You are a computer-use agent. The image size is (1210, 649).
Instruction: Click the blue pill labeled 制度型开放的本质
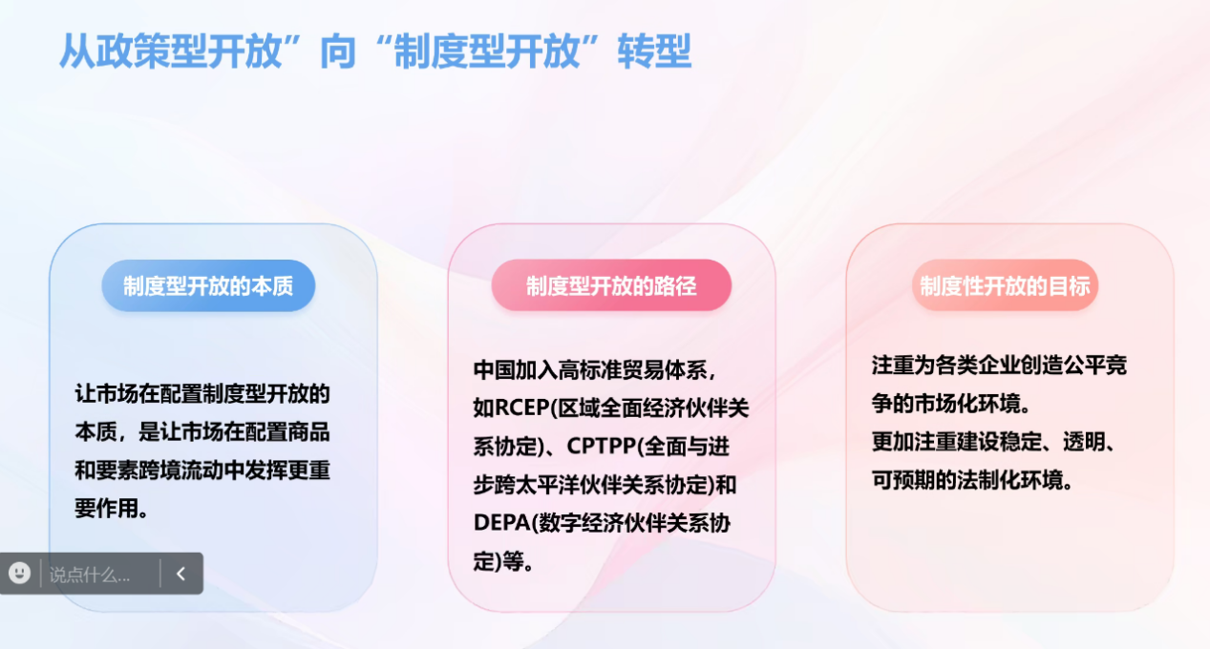tap(208, 285)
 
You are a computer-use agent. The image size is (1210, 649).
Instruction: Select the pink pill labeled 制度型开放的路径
tap(611, 285)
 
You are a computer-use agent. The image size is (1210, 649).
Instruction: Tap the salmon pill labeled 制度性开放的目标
tap(1005, 285)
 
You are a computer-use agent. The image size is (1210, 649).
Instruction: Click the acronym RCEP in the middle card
tap(522, 408)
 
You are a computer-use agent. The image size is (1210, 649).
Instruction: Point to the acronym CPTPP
tap(603, 446)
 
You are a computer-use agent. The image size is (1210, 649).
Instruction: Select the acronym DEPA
tap(501, 523)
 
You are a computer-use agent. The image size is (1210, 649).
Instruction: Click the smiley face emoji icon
tap(20, 573)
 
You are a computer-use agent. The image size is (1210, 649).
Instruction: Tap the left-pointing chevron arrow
tap(180, 574)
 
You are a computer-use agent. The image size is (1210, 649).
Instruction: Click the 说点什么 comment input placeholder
tap(90, 575)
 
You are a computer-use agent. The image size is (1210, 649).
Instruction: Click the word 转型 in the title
tap(655, 52)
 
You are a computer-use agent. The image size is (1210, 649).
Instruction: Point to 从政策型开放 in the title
tap(170, 52)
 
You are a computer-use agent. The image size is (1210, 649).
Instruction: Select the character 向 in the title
tap(338, 52)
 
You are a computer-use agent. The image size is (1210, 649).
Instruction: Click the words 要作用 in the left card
tap(106, 508)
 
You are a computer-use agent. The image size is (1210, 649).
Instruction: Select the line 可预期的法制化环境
tap(967, 479)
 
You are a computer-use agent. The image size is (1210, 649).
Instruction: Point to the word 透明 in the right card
tap(1084, 442)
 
